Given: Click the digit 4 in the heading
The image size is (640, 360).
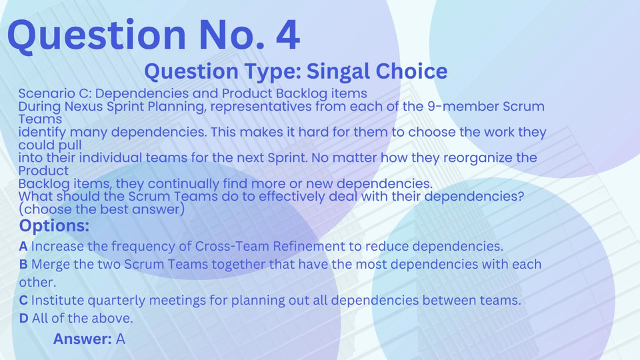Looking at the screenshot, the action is pos(288,35).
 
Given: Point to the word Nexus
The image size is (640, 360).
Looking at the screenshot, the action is pos(84,107).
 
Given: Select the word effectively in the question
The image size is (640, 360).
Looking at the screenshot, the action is pos(292,196).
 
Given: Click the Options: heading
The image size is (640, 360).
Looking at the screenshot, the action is pos(54,225).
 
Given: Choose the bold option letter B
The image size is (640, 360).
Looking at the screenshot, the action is pos(23,265).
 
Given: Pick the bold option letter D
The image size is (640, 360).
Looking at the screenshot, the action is pos(24,319).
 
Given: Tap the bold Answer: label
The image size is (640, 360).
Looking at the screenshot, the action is pos(82,339).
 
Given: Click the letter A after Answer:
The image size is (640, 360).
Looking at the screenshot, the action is pos(121,339).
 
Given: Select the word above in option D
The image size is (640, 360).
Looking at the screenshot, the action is pos(115,319).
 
